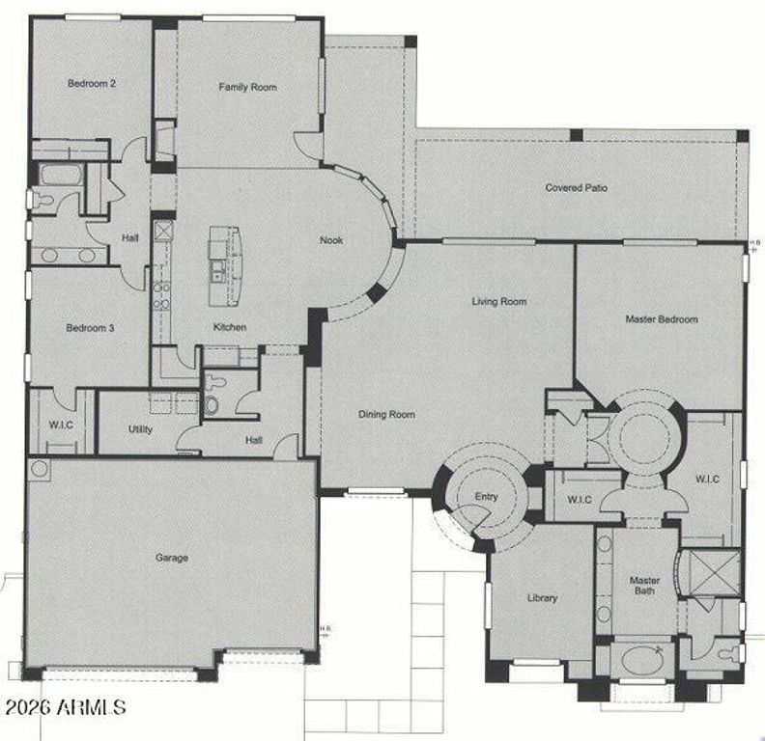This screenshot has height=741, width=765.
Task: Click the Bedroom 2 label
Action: pyautogui.click(x=92, y=83)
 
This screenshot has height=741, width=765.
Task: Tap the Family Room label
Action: pyautogui.click(x=247, y=88)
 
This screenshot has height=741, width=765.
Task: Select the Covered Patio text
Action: pyautogui.click(x=576, y=188)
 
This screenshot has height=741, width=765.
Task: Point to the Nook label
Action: pyautogui.click(x=331, y=241)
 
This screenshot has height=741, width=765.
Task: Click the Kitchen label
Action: pyautogui.click(x=230, y=327)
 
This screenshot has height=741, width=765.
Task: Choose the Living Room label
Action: pyautogui.click(x=498, y=302)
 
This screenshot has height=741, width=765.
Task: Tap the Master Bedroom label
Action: pyautogui.click(x=661, y=319)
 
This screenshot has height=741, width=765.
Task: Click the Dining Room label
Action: pyautogui.click(x=386, y=415)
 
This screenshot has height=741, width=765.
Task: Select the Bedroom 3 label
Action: pyautogui.click(x=90, y=328)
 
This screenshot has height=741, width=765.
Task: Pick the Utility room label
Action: pyautogui.click(x=140, y=429)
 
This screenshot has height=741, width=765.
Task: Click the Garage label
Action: pyautogui.click(x=172, y=558)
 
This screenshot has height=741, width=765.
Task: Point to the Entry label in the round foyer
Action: pyautogui.click(x=486, y=498)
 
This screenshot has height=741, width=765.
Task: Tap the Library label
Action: pyautogui.click(x=542, y=598)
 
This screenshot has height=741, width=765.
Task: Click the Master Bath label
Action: pyautogui.click(x=644, y=586)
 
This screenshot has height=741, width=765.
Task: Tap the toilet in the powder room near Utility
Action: pyautogui.click(x=212, y=403)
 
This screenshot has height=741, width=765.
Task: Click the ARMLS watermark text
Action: pyautogui.click(x=65, y=707)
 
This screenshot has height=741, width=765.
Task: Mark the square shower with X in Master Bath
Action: pyautogui.click(x=715, y=572)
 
